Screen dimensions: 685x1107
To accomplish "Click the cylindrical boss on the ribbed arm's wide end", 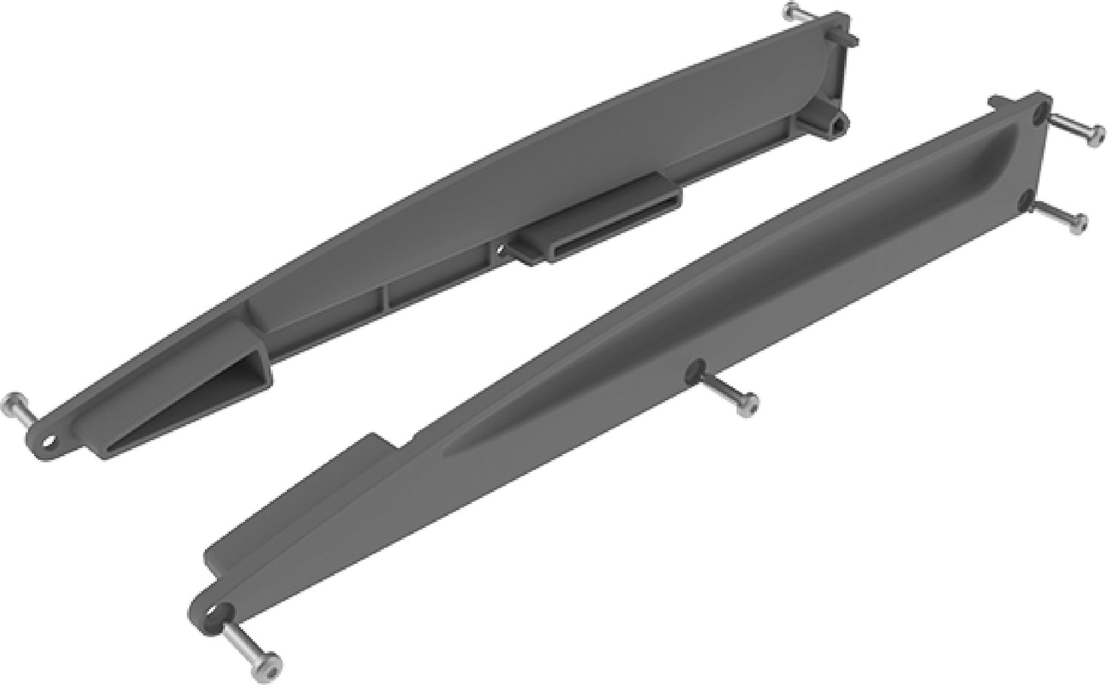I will (x=839, y=123).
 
